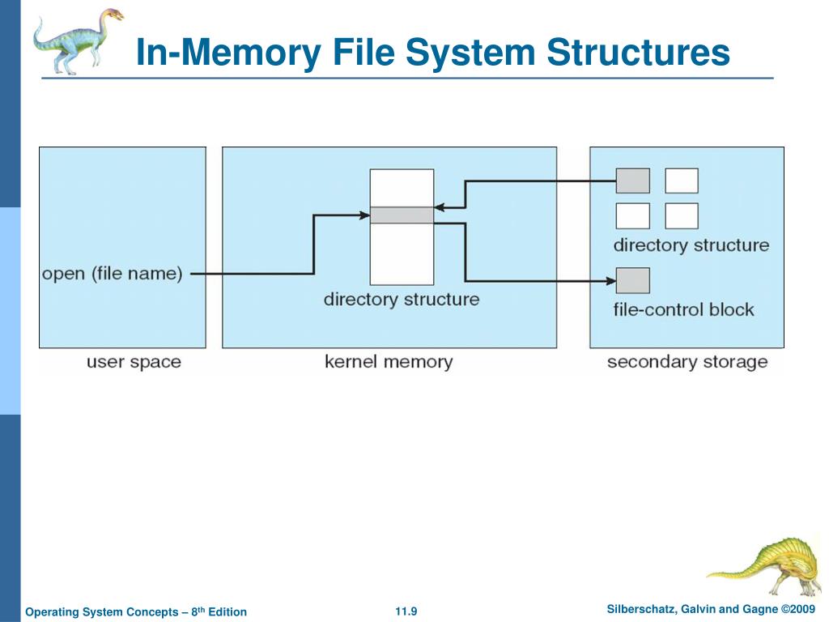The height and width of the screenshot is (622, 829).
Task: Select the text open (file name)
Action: point(112,274)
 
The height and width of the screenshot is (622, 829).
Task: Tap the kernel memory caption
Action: point(389,361)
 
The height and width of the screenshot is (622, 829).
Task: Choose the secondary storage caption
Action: point(687,361)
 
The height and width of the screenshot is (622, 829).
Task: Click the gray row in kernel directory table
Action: point(402,215)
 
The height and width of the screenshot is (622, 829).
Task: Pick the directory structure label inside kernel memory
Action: point(402,299)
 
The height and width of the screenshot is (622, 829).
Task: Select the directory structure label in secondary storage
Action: point(691,245)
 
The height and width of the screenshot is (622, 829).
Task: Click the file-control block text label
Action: point(683,309)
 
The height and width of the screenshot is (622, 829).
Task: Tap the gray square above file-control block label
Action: point(633,280)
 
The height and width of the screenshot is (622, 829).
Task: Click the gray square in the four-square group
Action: point(633,181)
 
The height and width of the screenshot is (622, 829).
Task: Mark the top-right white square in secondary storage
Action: point(682,181)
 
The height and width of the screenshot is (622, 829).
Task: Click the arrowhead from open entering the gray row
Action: point(365,215)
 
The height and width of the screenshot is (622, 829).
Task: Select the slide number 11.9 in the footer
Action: point(406,611)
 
